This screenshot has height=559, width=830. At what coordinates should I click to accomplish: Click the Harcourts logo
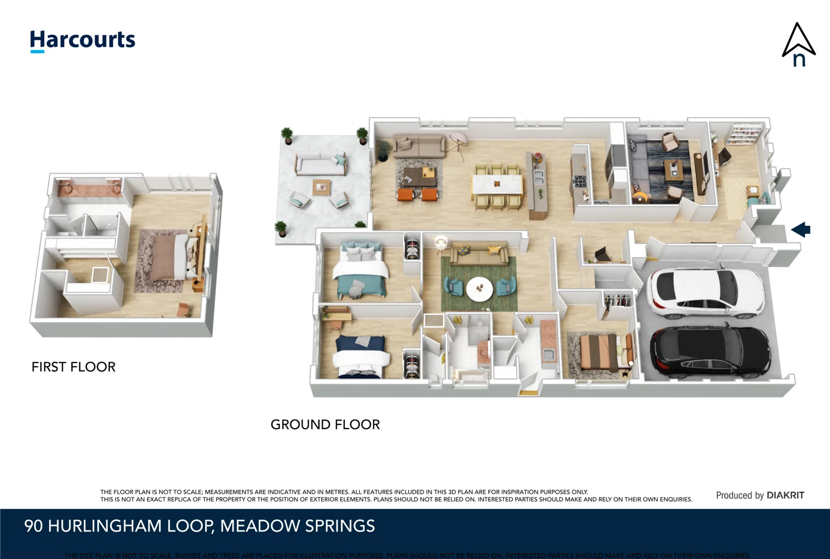coord(82,40)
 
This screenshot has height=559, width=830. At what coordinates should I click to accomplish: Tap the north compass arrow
coord(798,45)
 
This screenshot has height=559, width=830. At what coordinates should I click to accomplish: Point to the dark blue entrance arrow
coord(800,229)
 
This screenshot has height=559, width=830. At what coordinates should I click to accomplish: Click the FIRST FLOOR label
coord(73,367)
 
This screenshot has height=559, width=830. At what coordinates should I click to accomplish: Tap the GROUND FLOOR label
coord(325,424)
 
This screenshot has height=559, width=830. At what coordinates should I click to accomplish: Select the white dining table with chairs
coord(497,184)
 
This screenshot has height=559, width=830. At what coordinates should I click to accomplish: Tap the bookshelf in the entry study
coord(743,134)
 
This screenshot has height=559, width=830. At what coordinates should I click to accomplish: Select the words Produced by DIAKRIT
coord(760,495)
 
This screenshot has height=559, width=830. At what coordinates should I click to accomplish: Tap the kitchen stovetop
coord(579,181)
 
